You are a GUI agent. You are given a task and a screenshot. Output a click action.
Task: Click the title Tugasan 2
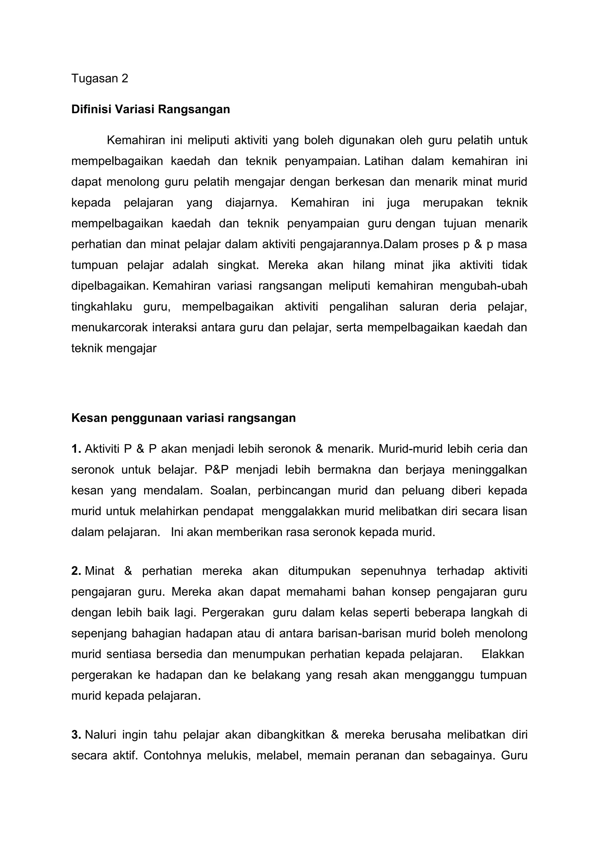pyautogui.click(x=99, y=79)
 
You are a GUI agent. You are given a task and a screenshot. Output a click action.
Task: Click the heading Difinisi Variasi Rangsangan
pyautogui.click(x=151, y=110)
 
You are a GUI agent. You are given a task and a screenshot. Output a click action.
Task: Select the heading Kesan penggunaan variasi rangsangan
pyautogui.click(x=183, y=418)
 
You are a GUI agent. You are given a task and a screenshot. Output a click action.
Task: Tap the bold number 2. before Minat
pyautogui.click(x=76, y=571)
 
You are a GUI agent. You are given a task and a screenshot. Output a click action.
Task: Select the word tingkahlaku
pyautogui.click(x=101, y=307)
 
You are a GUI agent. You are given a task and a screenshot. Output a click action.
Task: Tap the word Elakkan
pyautogui.click(x=503, y=654)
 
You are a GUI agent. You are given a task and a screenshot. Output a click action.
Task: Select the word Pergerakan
pyautogui.click(x=233, y=612)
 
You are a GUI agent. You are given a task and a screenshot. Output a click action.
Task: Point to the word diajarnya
pyautogui.click(x=251, y=203)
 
